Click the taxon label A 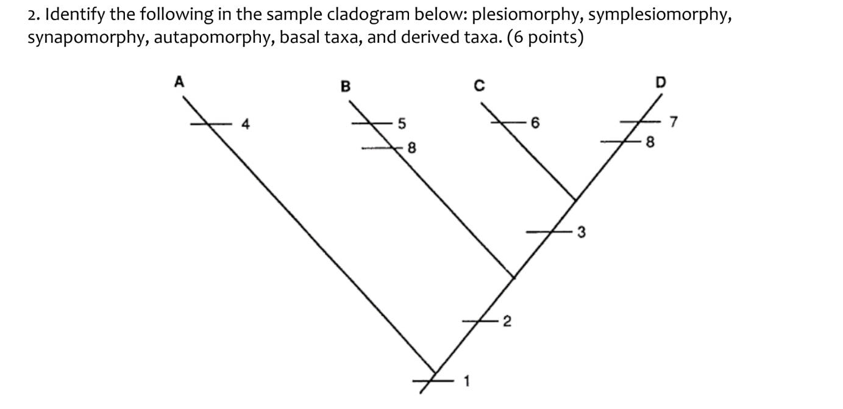click(x=179, y=82)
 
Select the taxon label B click(x=345, y=86)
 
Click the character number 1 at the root click(x=467, y=383)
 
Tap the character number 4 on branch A click(x=245, y=125)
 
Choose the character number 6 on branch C click(x=535, y=125)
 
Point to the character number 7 click(x=673, y=125)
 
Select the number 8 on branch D click(x=650, y=143)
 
